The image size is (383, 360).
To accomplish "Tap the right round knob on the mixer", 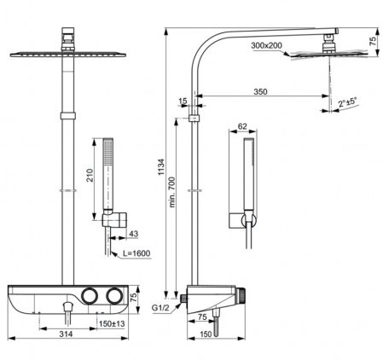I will pyautogui.click(x=113, y=295).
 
